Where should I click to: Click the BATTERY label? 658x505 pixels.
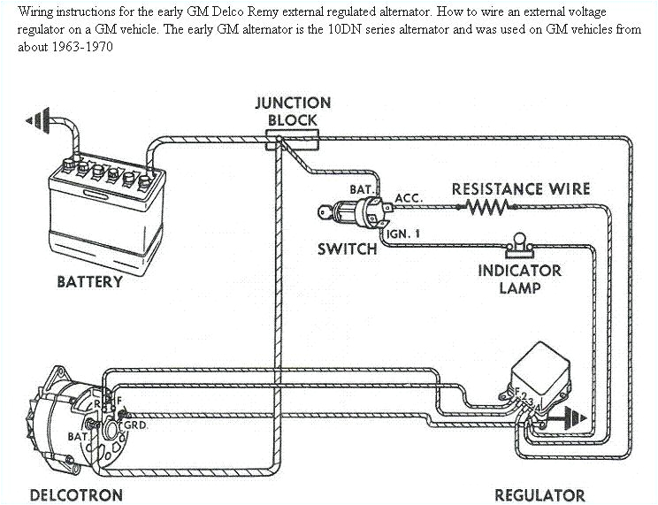pos(89,282)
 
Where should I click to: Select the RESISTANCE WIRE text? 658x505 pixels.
pos(520,188)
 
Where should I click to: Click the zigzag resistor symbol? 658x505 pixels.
pos(486,207)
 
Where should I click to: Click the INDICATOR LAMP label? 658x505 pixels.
pos(519,279)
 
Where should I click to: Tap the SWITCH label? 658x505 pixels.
pos(347,249)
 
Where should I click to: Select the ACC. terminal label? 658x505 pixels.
pos(409,198)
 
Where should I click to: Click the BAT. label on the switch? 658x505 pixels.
pos(363,190)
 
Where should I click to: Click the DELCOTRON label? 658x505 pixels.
pos(76,494)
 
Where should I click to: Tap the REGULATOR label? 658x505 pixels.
pos(539,494)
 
